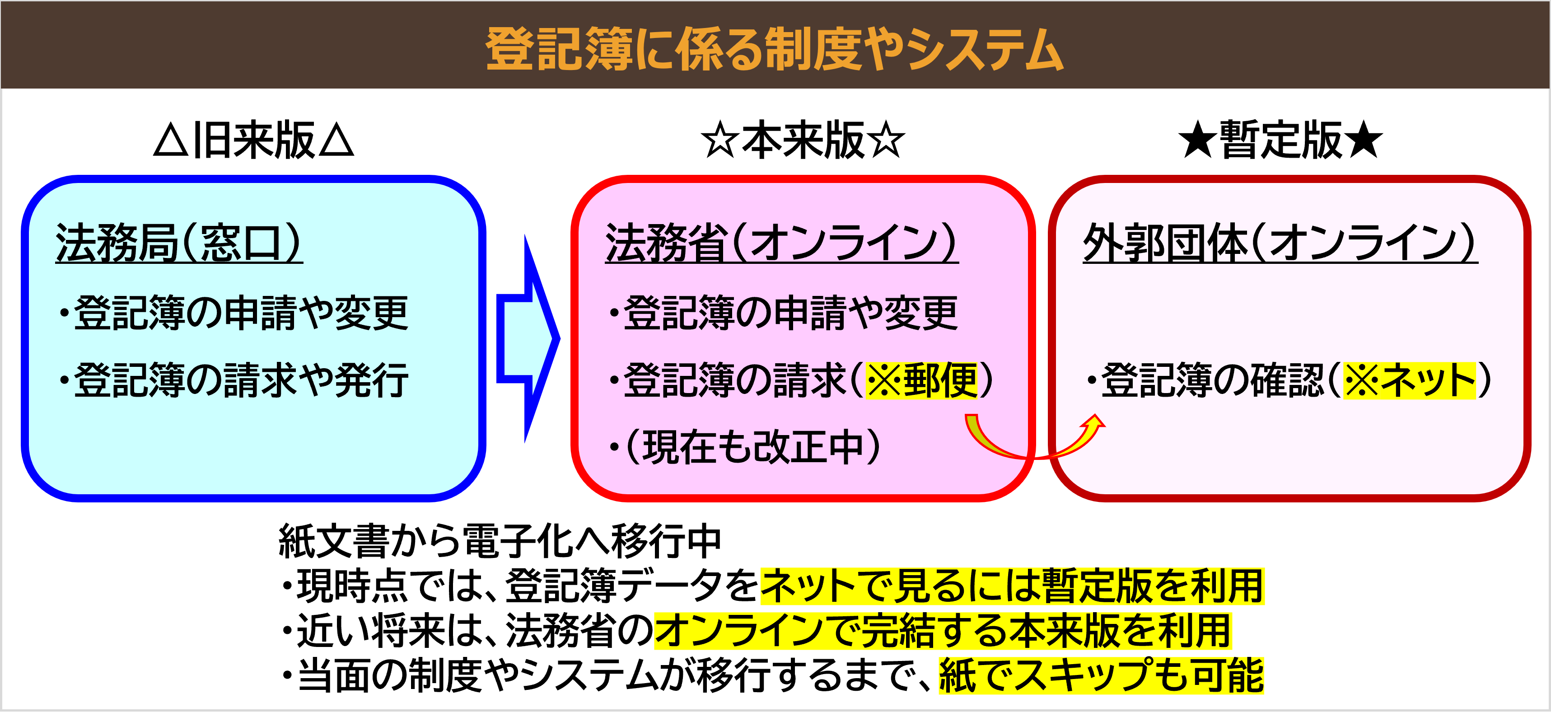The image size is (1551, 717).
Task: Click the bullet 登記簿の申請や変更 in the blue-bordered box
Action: tap(241, 313)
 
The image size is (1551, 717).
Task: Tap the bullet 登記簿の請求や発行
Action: tap(241, 381)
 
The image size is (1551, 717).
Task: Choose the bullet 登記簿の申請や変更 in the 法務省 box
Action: tap(790, 313)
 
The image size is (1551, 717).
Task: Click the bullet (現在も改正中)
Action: tap(752, 448)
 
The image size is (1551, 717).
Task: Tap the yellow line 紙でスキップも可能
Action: tap(1101, 675)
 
